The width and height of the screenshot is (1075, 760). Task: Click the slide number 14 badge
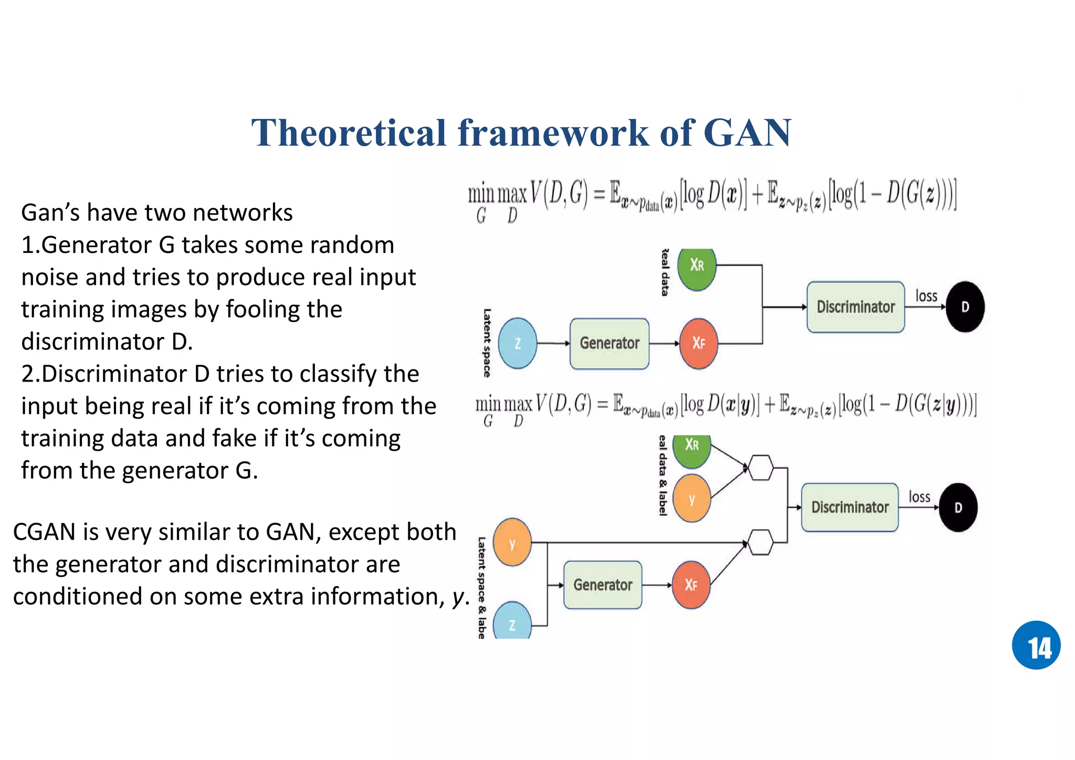pyautogui.click(x=1036, y=645)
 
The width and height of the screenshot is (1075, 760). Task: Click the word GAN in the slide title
pyautogui.click(x=747, y=133)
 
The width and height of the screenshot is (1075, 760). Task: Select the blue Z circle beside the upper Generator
pyautogui.click(x=518, y=343)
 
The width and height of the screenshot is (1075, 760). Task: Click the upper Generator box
pyautogui.click(x=609, y=343)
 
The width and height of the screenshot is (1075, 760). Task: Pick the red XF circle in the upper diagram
pyautogui.click(x=698, y=343)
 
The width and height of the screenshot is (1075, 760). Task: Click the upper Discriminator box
pyautogui.click(x=856, y=307)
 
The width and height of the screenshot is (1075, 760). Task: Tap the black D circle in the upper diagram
pyautogui.click(x=965, y=307)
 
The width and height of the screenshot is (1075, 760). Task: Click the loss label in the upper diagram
pyautogui.click(x=926, y=296)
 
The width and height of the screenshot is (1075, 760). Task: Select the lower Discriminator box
pyautogui.click(x=850, y=507)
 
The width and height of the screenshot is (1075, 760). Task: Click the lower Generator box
pyautogui.click(x=603, y=585)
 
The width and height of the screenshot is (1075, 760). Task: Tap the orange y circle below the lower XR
pyautogui.click(x=692, y=499)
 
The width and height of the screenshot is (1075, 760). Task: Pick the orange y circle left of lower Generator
pyautogui.click(x=512, y=543)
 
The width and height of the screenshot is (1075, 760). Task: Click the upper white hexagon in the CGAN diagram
pyautogui.click(x=761, y=467)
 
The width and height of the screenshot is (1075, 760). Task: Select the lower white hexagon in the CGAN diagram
pyautogui.click(x=761, y=542)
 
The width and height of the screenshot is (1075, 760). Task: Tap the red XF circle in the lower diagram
pyautogui.click(x=691, y=585)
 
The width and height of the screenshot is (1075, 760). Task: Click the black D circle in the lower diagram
pyautogui.click(x=958, y=508)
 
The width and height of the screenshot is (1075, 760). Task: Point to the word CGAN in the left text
pyautogui.click(x=44, y=532)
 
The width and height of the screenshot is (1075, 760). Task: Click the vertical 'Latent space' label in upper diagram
pyautogui.click(x=487, y=343)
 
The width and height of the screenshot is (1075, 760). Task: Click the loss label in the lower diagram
pyautogui.click(x=919, y=497)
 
